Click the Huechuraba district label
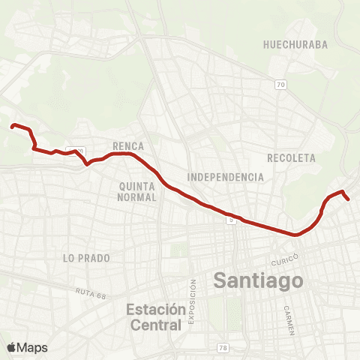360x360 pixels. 295,44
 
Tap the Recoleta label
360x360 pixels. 291,158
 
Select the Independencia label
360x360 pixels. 226,177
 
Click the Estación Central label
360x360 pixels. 154,317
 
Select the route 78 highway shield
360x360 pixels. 223,347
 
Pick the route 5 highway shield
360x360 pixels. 232,220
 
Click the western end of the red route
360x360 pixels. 11,126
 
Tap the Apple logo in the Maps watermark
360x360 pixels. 11,346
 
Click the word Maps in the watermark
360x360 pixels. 32,346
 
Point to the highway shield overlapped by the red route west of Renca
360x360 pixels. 75,150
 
